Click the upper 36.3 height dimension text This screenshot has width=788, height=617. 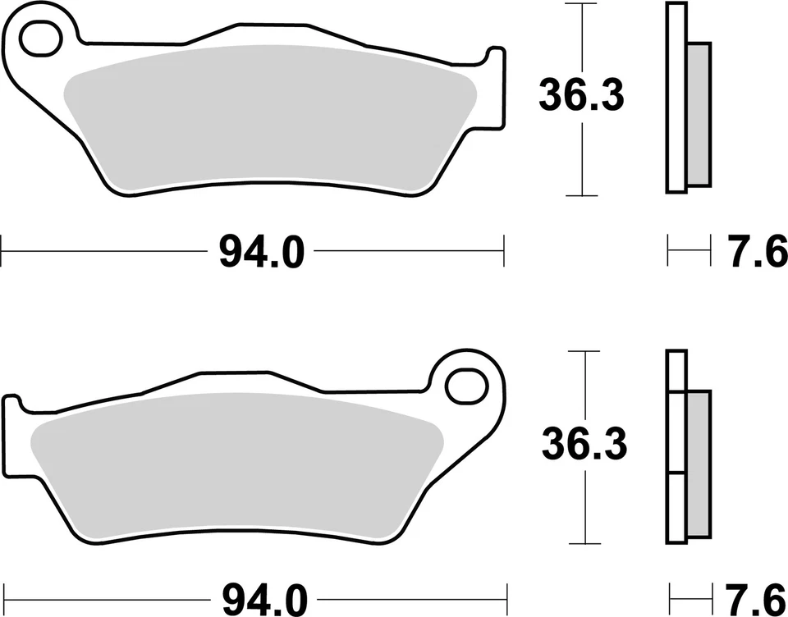coord(581,96)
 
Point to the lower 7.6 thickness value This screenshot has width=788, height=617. coord(754,597)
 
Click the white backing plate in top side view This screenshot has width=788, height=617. coord(676,98)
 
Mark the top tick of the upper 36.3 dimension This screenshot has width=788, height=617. coord(581,4)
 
